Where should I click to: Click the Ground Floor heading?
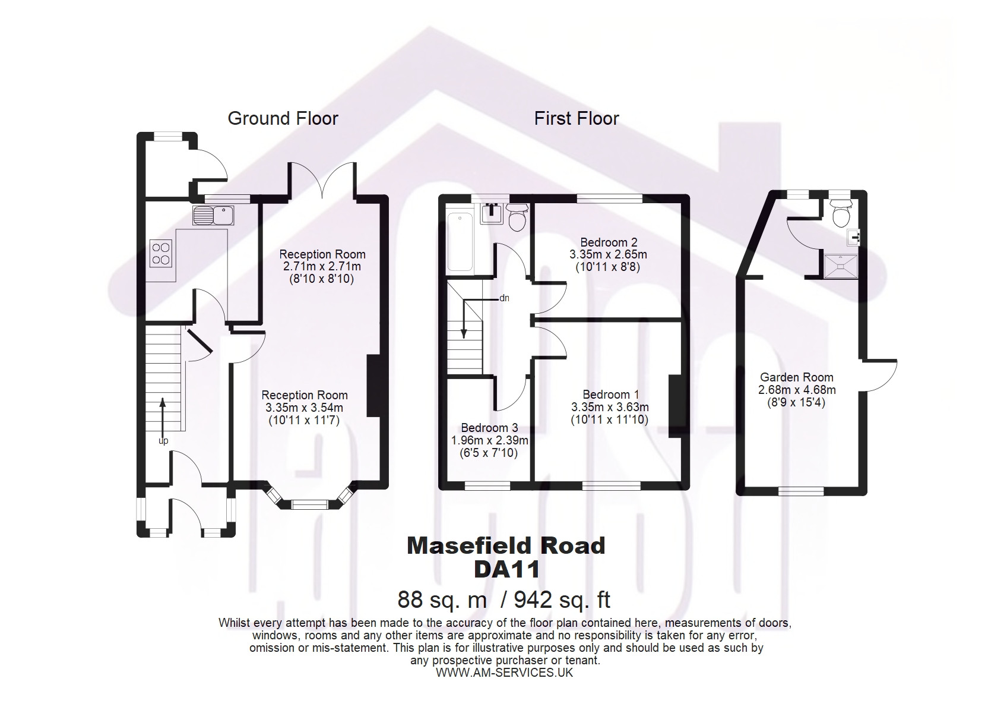click(283, 119)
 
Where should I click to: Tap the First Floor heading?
click(577, 119)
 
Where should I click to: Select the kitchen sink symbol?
click(213, 215)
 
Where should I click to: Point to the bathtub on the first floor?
click(460, 242)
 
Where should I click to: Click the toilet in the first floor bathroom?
click(517, 216)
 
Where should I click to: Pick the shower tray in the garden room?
click(841, 266)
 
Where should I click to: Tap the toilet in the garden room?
click(841, 213)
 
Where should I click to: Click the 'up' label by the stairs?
click(163, 441)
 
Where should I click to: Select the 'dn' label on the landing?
click(505, 298)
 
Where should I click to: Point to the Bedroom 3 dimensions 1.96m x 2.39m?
click(490, 440)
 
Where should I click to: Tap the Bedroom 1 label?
click(610, 395)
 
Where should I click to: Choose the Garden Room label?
click(797, 377)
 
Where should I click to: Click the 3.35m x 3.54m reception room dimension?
click(305, 408)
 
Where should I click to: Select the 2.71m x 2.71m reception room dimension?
click(322, 266)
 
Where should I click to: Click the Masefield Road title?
click(506, 545)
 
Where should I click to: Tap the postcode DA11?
click(506, 570)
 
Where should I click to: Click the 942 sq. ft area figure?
click(562, 600)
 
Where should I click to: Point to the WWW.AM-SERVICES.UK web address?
click(505, 673)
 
